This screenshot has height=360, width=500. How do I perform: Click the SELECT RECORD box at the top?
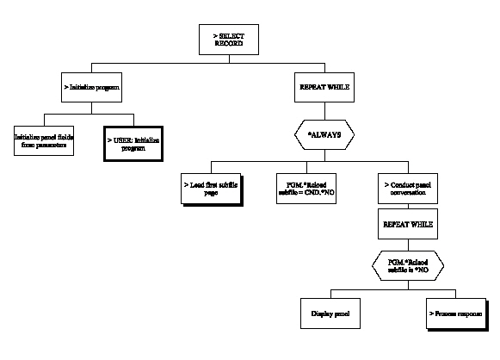[x=229, y=38]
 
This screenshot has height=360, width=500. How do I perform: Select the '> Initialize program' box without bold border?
[x=91, y=88]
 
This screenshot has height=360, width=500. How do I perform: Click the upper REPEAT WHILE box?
[x=324, y=88]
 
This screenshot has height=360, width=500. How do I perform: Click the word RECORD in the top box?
[x=229, y=43]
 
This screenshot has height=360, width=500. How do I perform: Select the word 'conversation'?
[x=406, y=193]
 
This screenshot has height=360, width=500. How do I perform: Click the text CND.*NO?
[x=319, y=193]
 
